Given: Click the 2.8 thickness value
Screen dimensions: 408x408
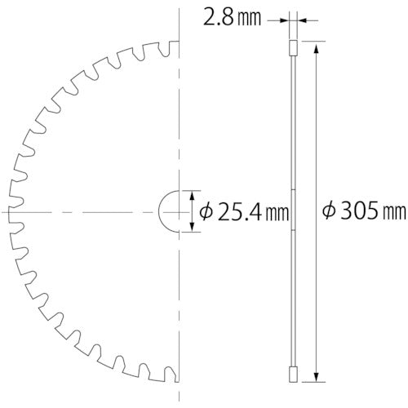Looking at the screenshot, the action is (x=219, y=19).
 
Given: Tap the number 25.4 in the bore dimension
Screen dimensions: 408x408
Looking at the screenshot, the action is (x=238, y=212).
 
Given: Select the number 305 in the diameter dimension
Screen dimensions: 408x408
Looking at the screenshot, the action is (x=359, y=211).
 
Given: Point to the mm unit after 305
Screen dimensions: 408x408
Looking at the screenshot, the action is (x=395, y=213).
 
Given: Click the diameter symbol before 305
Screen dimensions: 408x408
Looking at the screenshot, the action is (x=329, y=211).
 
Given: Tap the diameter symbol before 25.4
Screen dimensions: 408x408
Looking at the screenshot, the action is (x=206, y=212).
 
